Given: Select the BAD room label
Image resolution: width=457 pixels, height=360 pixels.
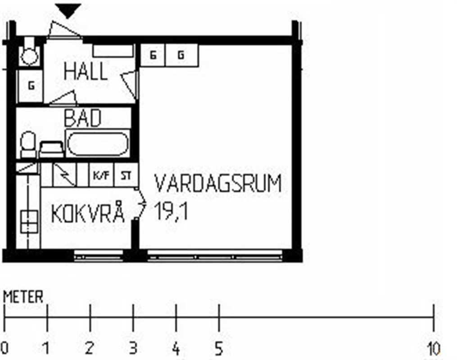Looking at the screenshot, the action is tap(82, 118).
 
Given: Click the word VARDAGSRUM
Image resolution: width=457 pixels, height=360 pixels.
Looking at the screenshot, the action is tap(218, 183).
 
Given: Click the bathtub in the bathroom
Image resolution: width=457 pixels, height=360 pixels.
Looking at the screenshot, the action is tap(98, 143).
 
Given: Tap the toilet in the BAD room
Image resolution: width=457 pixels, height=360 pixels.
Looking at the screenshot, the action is tap(28, 144).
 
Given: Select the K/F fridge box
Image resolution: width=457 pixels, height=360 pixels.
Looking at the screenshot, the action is tap(101, 175).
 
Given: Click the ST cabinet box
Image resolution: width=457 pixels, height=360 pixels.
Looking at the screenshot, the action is tap(126, 175).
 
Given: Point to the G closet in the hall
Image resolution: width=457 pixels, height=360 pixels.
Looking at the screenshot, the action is tap(31, 86).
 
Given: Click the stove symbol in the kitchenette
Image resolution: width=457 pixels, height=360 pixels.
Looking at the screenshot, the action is tap(64, 175).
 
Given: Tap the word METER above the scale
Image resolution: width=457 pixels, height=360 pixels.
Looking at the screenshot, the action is tap(23, 297).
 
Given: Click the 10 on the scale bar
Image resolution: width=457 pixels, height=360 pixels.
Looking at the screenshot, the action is tap(434, 348).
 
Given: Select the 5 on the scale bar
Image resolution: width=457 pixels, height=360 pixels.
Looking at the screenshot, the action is tap(219, 348).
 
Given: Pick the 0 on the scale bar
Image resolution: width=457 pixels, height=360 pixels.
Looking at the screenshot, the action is tap(5, 348).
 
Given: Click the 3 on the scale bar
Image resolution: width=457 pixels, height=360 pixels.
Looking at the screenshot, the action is tap(133, 348).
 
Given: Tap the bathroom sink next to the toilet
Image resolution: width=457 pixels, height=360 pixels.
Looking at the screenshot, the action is tap(51, 149).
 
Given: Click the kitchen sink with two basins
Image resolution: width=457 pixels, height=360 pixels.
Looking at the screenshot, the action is tap(29, 222).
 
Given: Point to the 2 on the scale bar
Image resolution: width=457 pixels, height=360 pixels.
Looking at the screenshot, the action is tap(90, 348).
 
